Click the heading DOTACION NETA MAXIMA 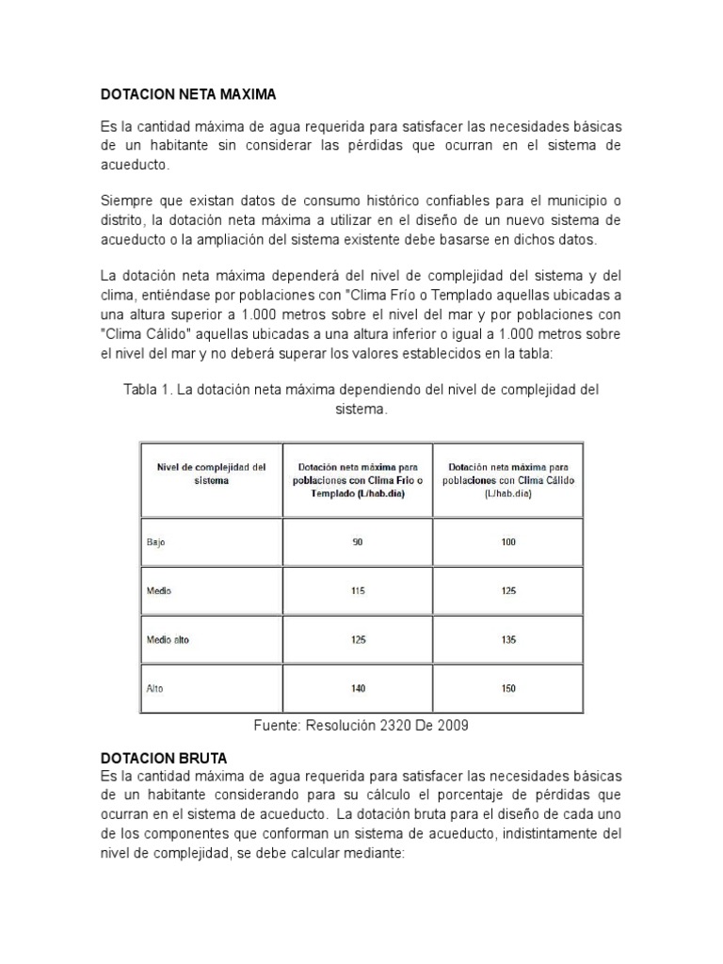[x=188, y=95]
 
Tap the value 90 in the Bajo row [x=358, y=542]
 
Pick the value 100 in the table [x=508, y=542]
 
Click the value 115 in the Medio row [x=358, y=591]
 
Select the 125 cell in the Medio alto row [x=358, y=640]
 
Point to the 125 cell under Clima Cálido [x=508, y=591]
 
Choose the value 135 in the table [x=508, y=640]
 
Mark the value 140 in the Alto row [x=358, y=689]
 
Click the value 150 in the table [x=508, y=689]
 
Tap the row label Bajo [x=156, y=542]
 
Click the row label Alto [x=154, y=689]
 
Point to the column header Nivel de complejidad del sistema [x=212, y=473]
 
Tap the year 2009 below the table [x=452, y=725]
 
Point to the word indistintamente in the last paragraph [x=544, y=834]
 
